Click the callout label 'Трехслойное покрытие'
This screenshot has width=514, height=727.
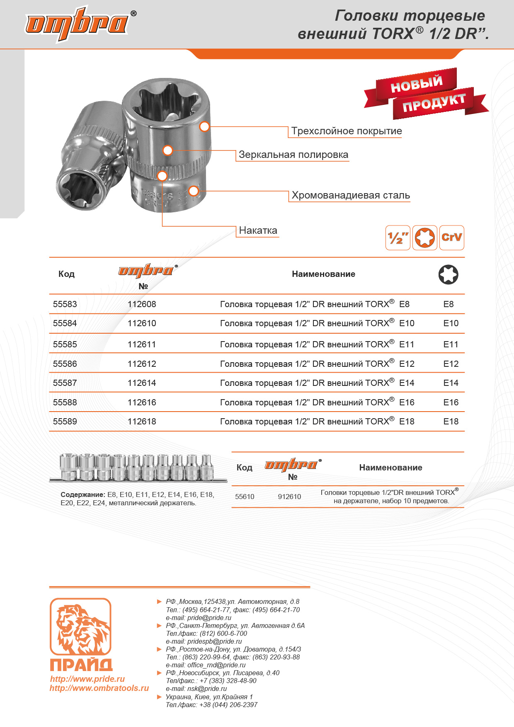(346, 131)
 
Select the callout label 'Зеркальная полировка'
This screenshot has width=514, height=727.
(293, 155)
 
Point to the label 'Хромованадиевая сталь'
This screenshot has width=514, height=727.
(350, 195)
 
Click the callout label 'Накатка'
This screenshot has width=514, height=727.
(258, 230)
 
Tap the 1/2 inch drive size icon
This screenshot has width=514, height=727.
(398, 238)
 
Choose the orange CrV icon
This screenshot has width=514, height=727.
(451, 238)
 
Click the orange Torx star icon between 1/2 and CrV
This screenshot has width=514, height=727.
(424, 238)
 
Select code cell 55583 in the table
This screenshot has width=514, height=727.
(65, 304)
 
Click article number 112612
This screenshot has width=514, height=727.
(142, 364)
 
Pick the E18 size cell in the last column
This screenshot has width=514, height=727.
(451, 422)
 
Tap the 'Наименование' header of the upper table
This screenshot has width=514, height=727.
(323, 274)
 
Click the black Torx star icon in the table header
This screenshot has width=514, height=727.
(448, 274)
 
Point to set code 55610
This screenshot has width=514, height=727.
(245, 497)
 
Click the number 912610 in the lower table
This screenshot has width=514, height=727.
(289, 497)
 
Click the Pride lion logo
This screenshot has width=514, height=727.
(80, 627)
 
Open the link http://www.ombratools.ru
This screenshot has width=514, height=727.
(99, 688)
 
